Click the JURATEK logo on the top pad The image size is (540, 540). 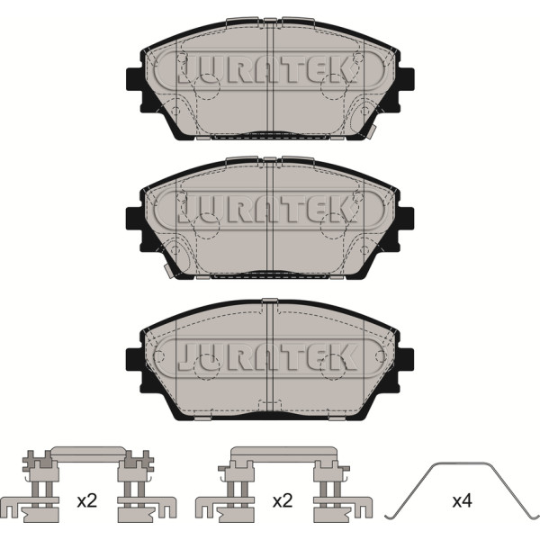(x=269, y=70)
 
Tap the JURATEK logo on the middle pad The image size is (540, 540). (x=269, y=209)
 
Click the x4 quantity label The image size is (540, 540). (x=462, y=500)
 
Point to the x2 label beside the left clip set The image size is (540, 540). (x=86, y=501)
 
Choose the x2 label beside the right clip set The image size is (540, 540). (x=283, y=501)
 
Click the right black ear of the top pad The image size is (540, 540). (x=406, y=79)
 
